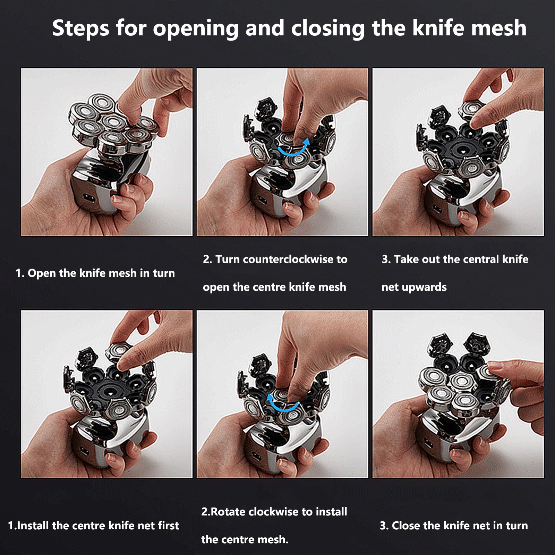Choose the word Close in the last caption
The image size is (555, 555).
[406, 526]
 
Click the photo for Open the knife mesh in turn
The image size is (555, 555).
[107, 152]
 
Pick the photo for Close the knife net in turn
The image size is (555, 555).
[458, 394]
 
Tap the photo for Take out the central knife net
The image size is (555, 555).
[458, 152]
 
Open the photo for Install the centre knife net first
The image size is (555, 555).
[107, 394]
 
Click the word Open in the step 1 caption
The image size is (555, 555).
[42, 274]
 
